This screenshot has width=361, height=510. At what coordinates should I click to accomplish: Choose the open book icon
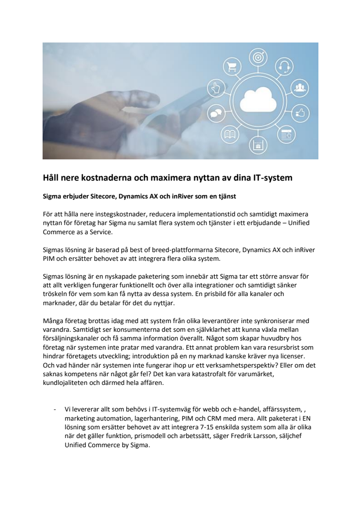(229, 135)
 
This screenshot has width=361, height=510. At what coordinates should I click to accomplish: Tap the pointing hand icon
(213, 88)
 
